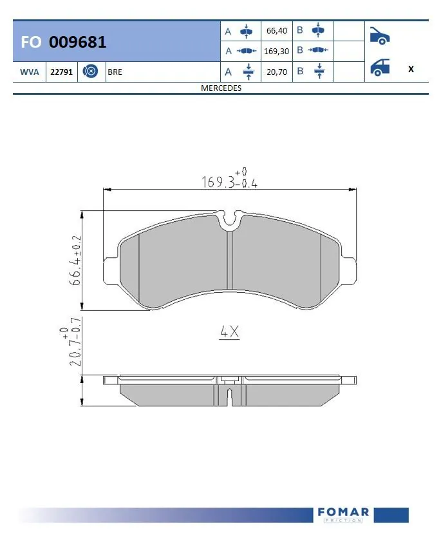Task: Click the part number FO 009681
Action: [x=64, y=43]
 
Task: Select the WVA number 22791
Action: [x=61, y=72]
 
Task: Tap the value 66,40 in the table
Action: [x=276, y=31]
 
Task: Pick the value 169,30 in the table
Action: [x=276, y=50]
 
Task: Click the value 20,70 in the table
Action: [x=276, y=72]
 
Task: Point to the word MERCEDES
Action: [x=221, y=88]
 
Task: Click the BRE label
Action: [x=115, y=72]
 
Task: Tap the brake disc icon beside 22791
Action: [x=91, y=72]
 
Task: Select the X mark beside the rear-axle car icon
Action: [x=411, y=69]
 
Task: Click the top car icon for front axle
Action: [x=380, y=35]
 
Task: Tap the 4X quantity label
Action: [x=229, y=332]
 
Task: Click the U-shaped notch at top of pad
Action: [x=230, y=219]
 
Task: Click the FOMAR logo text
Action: [x=343, y=512]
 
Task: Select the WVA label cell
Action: [x=29, y=72]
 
